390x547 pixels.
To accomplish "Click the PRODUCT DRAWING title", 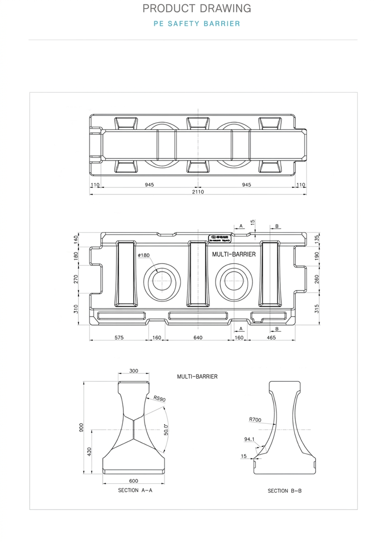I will (196, 9).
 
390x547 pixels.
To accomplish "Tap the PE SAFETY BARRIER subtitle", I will (196, 23).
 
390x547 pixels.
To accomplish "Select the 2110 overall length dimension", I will (198, 192).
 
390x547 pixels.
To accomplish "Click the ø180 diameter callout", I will (144, 255).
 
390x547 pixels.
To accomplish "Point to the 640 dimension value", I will (198, 338).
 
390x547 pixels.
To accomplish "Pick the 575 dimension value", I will (119, 338).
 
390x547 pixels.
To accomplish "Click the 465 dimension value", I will (271, 338).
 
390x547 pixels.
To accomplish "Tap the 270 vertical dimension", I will (76, 279).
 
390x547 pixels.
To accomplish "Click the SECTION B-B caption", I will (284, 491).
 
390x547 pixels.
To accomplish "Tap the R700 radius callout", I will (255, 420).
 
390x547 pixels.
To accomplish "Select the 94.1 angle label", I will (249, 439).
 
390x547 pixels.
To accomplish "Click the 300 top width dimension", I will (134, 371).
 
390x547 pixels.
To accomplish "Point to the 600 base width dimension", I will (134, 481).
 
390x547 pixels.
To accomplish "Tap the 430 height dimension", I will (89, 451).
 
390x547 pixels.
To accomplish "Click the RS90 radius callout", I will (160, 399).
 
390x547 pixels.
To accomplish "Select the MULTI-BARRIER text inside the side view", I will (234, 254).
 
